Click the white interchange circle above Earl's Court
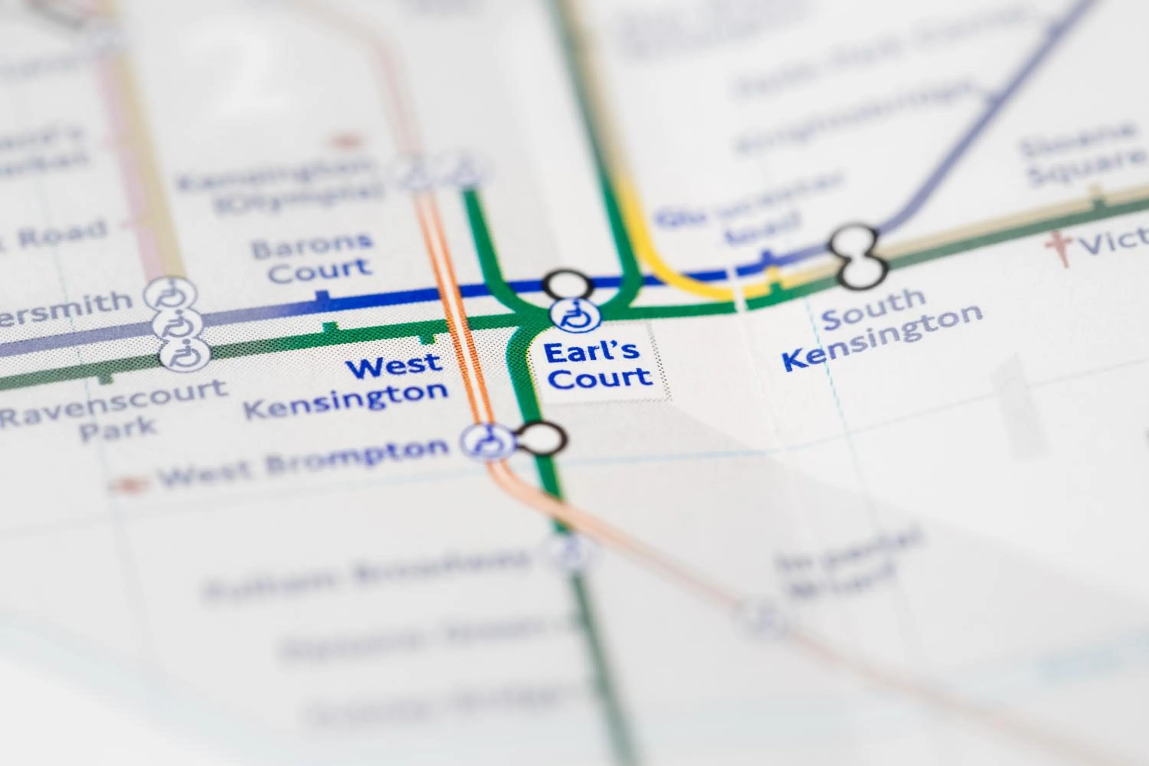click(567, 284)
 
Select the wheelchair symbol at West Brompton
click(486, 442)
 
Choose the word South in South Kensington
click(874, 309)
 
